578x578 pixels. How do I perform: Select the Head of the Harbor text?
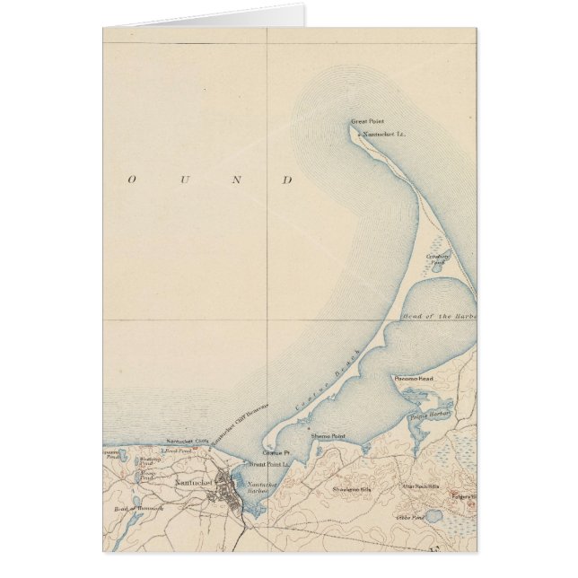click(440, 318)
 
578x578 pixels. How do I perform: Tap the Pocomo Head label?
click(414, 379)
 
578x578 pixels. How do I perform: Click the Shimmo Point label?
click(328, 435)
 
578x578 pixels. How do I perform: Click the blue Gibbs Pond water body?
click(433, 516)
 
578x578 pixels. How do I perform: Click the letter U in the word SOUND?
click(186, 180)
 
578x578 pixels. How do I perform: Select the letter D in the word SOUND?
click(288, 180)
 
